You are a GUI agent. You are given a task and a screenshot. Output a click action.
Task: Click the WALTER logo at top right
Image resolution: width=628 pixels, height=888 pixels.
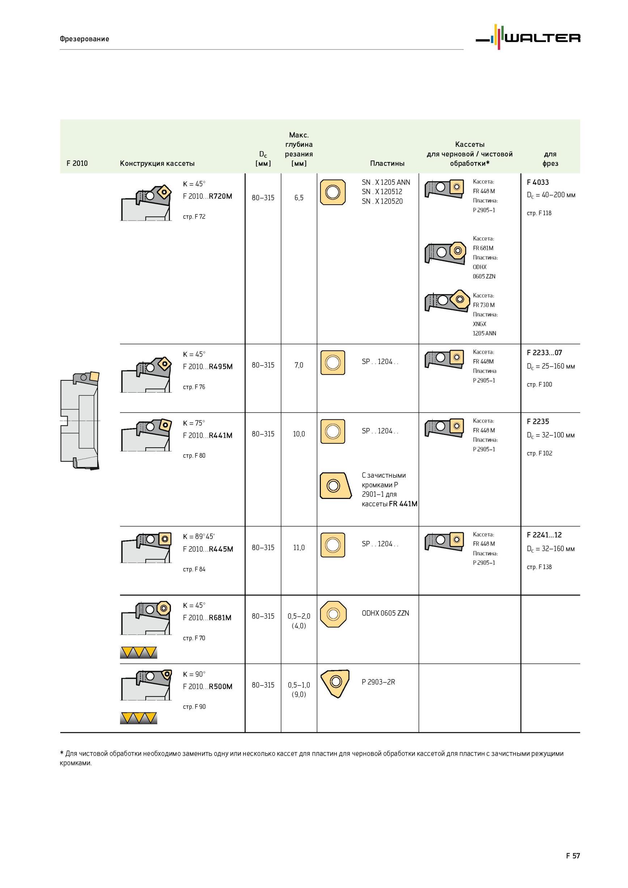click(x=528, y=37)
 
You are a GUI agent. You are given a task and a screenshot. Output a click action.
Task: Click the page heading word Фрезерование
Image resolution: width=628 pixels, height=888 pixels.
click(x=84, y=39)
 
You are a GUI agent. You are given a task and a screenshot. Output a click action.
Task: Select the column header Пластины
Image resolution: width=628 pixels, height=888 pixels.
click(x=387, y=163)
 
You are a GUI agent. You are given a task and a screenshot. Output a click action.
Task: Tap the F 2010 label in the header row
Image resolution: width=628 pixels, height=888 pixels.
click(x=77, y=163)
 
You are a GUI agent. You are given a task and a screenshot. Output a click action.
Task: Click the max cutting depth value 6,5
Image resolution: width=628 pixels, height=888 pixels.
click(x=299, y=198)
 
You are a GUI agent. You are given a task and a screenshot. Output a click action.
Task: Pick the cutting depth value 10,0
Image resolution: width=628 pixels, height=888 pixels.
click(x=299, y=434)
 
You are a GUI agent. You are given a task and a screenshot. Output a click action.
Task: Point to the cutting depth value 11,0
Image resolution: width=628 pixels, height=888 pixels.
click(x=299, y=548)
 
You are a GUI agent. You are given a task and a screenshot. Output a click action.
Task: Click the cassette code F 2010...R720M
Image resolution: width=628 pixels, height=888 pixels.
click(x=207, y=196)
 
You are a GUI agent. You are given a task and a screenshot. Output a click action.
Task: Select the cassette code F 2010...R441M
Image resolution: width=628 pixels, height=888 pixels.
click(x=207, y=435)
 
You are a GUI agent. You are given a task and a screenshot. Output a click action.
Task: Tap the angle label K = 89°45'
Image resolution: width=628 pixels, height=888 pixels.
click(x=199, y=537)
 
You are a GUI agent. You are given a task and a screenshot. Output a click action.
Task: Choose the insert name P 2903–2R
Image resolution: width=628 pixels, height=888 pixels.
click(x=378, y=682)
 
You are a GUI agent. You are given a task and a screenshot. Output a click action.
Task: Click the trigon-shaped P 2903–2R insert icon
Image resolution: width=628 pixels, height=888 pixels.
click(x=335, y=683)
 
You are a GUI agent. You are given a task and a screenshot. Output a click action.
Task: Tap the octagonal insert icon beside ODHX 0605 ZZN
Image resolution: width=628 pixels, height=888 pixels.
click(x=333, y=614)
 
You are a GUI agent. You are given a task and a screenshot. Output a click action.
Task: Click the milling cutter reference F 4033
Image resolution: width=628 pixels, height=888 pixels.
click(x=538, y=182)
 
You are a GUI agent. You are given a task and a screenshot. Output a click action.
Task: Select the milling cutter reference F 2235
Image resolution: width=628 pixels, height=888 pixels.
click(x=538, y=422)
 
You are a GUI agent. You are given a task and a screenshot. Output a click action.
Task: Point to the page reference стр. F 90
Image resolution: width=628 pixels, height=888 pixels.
click(x=194, y=706)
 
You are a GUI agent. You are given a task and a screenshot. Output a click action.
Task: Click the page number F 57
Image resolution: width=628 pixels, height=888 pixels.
click(x=573, y=855)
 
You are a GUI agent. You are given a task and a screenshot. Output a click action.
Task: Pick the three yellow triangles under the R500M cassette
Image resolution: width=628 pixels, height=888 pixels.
click(x=139, y=718)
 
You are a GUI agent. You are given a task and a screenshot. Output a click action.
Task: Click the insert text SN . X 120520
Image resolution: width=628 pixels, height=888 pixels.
click(x=382, y=201)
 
